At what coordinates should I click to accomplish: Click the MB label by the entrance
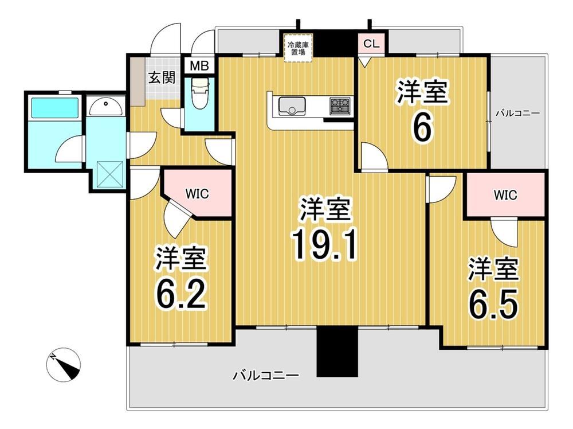[x=199, y=66]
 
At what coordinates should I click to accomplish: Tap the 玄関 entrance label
[x=162, y=77]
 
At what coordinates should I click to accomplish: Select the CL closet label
[x=371, y=44]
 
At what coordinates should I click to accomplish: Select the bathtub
[x=55, y=107]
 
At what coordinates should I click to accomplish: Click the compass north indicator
[x=63, y=365]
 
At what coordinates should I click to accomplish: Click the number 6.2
[x=182, y=295]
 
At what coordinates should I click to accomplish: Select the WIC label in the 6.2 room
[x=197, y=193]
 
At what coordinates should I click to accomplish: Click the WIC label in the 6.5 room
[x=505, y=195]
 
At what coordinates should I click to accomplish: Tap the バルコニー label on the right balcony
[x=517, y=114]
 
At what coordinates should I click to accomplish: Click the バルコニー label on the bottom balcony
[x=266, y=375]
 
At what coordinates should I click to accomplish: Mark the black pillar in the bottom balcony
[x=336, y=351]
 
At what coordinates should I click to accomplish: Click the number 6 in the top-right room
[x=422, y=128]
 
